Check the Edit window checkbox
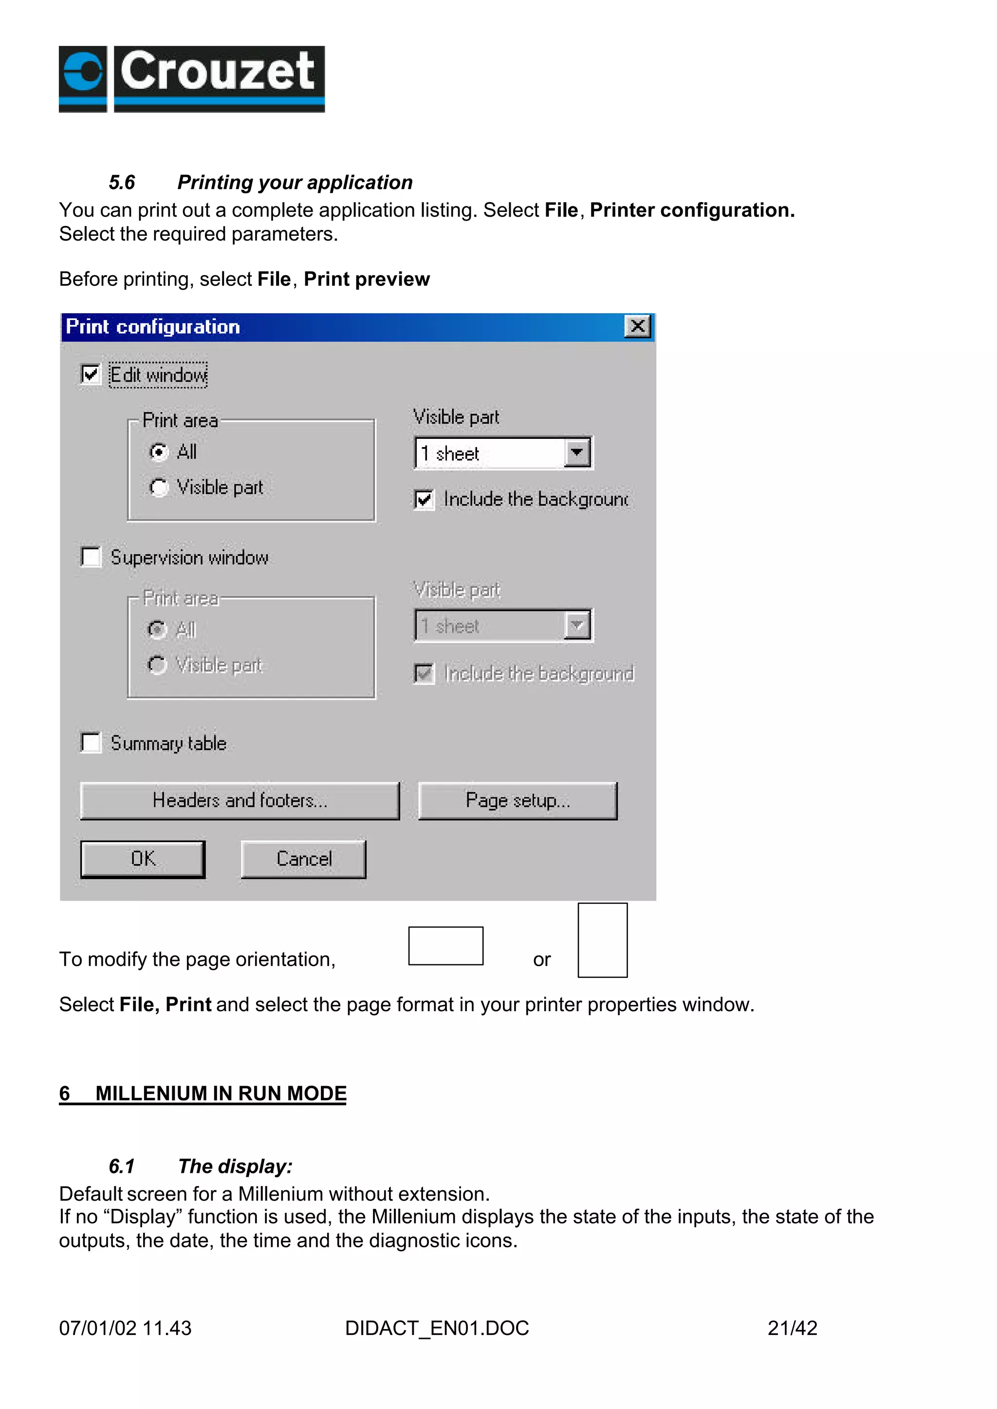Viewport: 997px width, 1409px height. coord(90,374)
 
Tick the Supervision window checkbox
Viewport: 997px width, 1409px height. coord(91,557)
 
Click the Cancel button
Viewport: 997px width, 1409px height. coord(303,859)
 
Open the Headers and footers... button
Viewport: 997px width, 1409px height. coord(240,800)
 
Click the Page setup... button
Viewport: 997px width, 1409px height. coord(517,800)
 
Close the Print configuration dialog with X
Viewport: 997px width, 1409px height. coord(637,326)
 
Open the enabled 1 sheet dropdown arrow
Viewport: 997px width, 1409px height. coord(576,452)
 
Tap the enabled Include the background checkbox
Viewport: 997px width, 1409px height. coord(424,499)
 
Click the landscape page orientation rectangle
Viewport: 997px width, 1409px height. coord(446,945)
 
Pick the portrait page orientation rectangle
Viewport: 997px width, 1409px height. coord(602,940)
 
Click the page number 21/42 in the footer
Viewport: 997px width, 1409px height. coord(792,1328)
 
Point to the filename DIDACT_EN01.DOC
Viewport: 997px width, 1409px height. coord(437,1328)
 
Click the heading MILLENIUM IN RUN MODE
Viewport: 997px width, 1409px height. coord(221,1093)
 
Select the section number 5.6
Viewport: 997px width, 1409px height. coord(122,183)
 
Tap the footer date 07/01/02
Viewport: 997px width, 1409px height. coord(98,1328)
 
